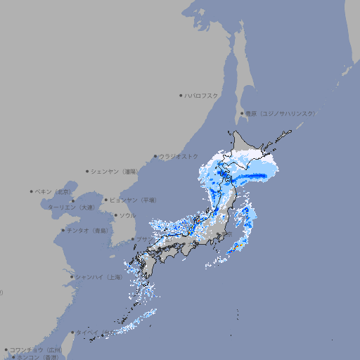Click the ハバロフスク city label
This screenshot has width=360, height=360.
pyautogui.click(x=201, y=95)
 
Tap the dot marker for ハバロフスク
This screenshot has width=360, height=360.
pyautogui.click(x=181, y=95)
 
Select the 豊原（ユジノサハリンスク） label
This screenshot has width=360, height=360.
pyautogui.click(x=280, y=113)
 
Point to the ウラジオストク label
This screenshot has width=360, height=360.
pyautogui.click(x=179, y=156)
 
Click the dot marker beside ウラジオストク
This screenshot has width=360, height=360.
pyautogui.click(x=155, y=156)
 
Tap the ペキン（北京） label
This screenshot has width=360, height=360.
pyautogui.click(x=54, y=191)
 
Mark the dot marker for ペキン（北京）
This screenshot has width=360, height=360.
pyautogui.click(x=32, y=191)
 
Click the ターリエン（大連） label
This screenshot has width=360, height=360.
pyautogui.click(x=70, y=207)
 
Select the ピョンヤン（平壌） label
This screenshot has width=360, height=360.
pyautogui.click(x=133, y=200)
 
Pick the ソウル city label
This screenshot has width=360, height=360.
pyautogui.click(x=127, y=215)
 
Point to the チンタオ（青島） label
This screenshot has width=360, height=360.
pyautogui.click(x=87, y=230)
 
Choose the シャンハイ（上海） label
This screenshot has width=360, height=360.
pyautogui.click(x=98, y=277)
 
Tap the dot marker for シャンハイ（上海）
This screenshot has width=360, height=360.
pyautogui.click(x=72, y=277)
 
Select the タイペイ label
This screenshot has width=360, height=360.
pyautogui.click(x=87, y=332)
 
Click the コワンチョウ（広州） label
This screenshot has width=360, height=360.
pyautogui.click(x=35, y=349)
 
